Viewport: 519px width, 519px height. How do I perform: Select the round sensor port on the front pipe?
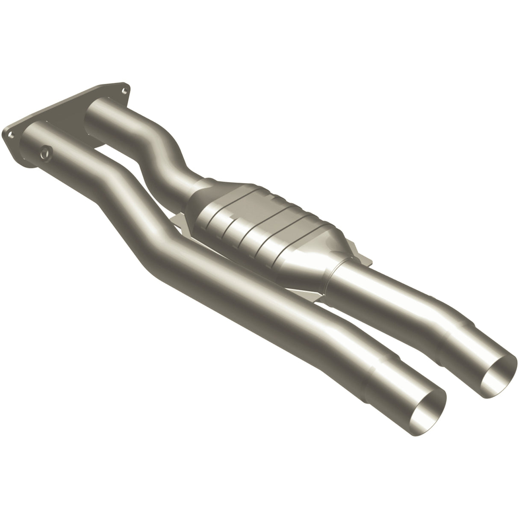tap(45, 151)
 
